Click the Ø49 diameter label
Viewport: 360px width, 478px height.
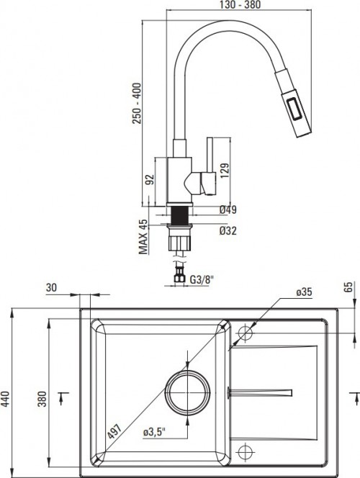point(229,209)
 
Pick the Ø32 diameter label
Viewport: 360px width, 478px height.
point(229,231)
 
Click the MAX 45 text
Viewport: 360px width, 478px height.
point(143,237)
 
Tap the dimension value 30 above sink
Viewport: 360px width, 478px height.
point(51,287)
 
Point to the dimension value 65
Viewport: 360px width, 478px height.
point(348,287)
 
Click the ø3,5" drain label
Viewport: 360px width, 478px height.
point(155,433)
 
